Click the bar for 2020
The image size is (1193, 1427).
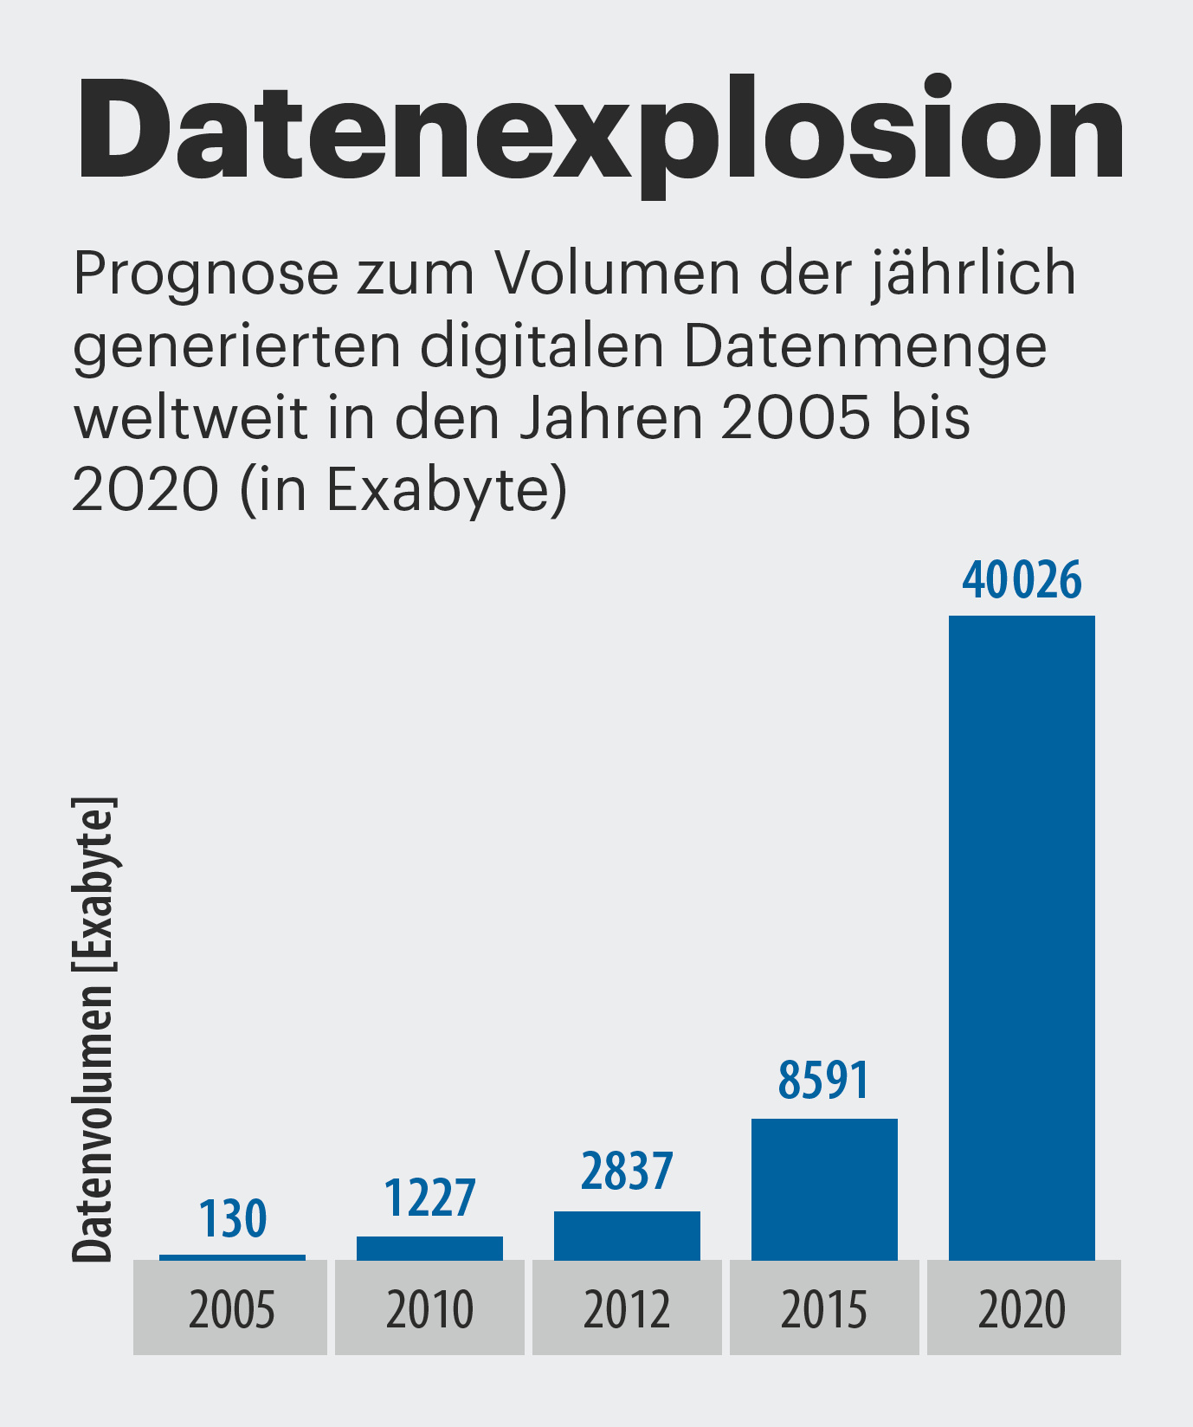(x=1022, y=937)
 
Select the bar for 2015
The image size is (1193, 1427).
(x=824, y=1189)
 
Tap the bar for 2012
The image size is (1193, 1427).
(x=627, y=1236)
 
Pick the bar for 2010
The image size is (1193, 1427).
(x=429, y=1248)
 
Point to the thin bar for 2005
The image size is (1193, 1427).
(x=232, y=1257)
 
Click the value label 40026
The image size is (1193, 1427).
(x=1022, y=580)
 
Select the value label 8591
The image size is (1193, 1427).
(x=823, y=1081)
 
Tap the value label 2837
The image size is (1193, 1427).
(x=626, y=1172)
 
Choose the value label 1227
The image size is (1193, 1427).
(x=429, y=1198)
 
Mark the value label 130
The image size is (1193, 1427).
(x=232, y=1219)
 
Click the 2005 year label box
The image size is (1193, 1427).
(x=230, y=1308)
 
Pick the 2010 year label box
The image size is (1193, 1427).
(x=429, y=1308)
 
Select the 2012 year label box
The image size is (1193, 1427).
(x=627, y=1308)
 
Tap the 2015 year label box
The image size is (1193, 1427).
(x=824, y=1308)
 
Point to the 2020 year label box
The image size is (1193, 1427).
(x=1023, y=1308)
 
